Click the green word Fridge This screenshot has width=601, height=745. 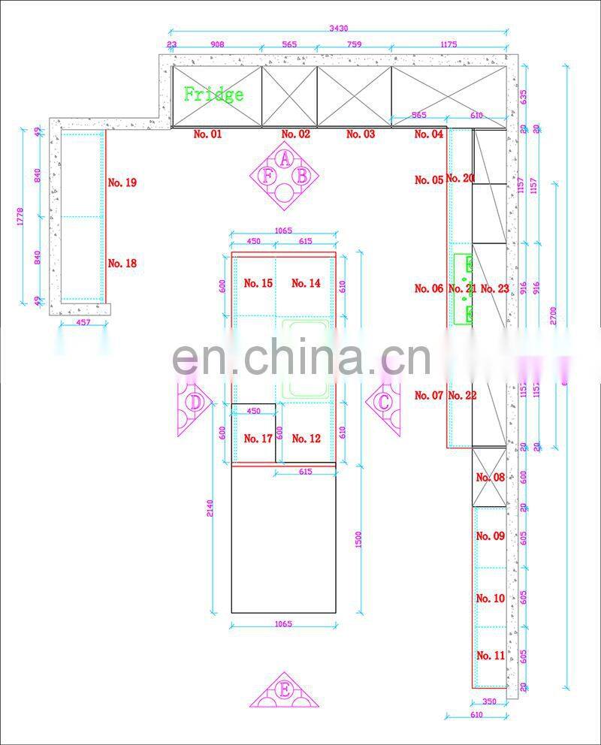click(x=214, y=95)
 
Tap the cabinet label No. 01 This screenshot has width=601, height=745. click(x=208, y=134)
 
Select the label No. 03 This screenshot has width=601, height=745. click(x=361, y=134)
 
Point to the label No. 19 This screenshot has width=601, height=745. click(x=122, y=182)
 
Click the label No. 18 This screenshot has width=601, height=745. click(x=122, y=264)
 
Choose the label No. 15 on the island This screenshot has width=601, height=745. click(x=258, y=284)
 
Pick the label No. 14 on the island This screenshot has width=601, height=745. click(x=306, y=284)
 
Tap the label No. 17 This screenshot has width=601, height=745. click(x=258, y=439)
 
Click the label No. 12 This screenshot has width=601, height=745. click(x=306, y=439)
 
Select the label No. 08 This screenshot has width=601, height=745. click(x=491, y=478)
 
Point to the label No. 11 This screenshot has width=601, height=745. click(x=491, y=656)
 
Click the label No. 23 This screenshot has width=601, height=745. click(x=494, y=288)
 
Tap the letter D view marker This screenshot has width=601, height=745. click(x=195, y=403)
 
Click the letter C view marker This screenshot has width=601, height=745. click(x=384, y=402)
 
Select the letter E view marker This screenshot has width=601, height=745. click(x=284, y=689)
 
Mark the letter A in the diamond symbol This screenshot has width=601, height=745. click(x=285, y=158)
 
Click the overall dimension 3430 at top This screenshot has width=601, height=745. click(x=339, y=29)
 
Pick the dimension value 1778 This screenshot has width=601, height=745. click(x=22, y=216)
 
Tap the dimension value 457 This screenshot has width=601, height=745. click(x=83, y=323)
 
